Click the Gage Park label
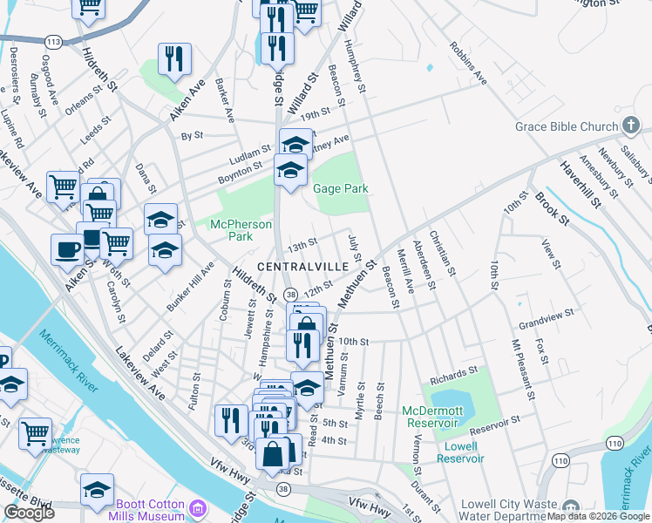[x=341, y=188]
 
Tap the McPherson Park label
[x=232, y=230]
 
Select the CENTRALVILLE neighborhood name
[x=309, y=263]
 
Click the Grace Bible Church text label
[x=566, y=126]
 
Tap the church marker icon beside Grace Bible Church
[x=631, y=126]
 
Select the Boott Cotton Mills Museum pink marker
[x=198, y=508]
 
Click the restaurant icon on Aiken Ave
[x=174, y=58]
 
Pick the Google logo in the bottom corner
[x=29, y=513]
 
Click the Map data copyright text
[x=598, y=516]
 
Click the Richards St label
[x=453, y=377]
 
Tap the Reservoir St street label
[x=493, y=425]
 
